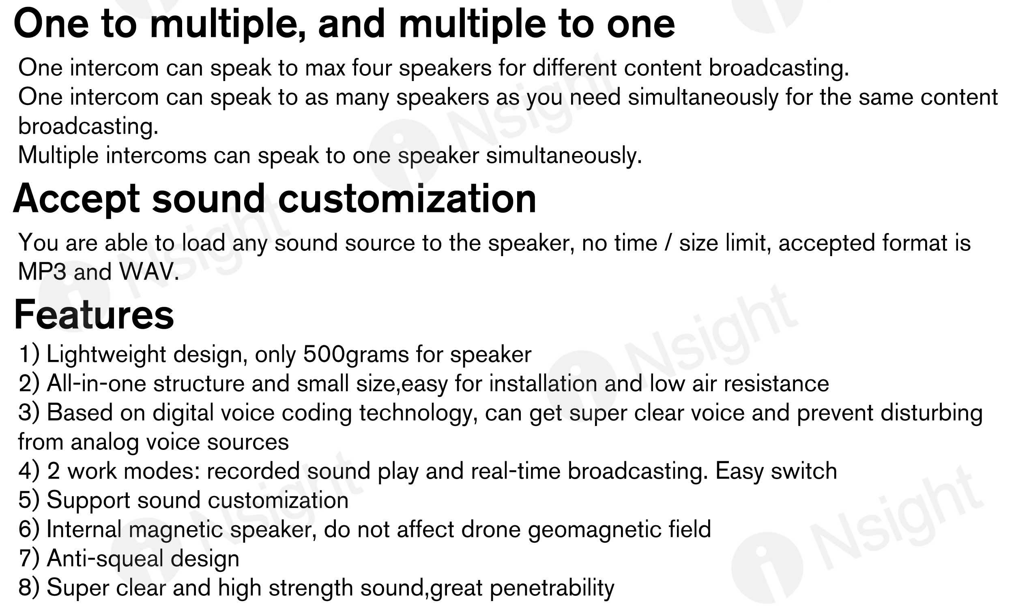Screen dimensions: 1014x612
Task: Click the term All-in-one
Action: (97, 384)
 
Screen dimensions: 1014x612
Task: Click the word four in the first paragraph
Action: (372, 68)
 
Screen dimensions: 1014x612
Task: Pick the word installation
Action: (543, 384)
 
